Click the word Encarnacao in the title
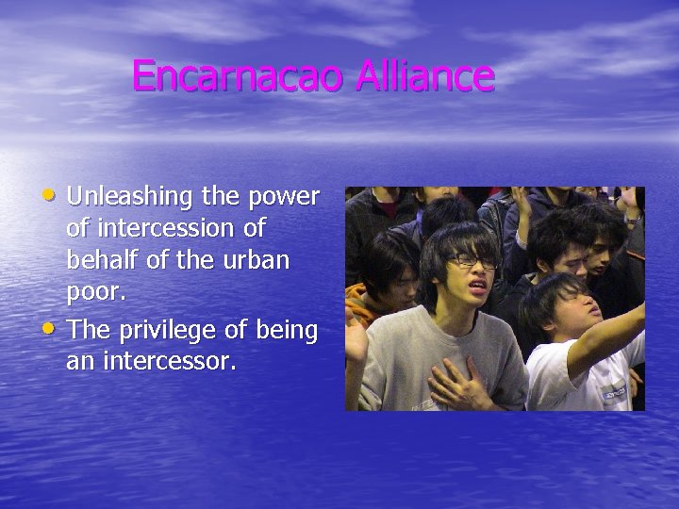coord(240,75)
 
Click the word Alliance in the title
coord(424,75)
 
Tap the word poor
coord(95,291)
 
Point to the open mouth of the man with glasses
coord(476,283)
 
